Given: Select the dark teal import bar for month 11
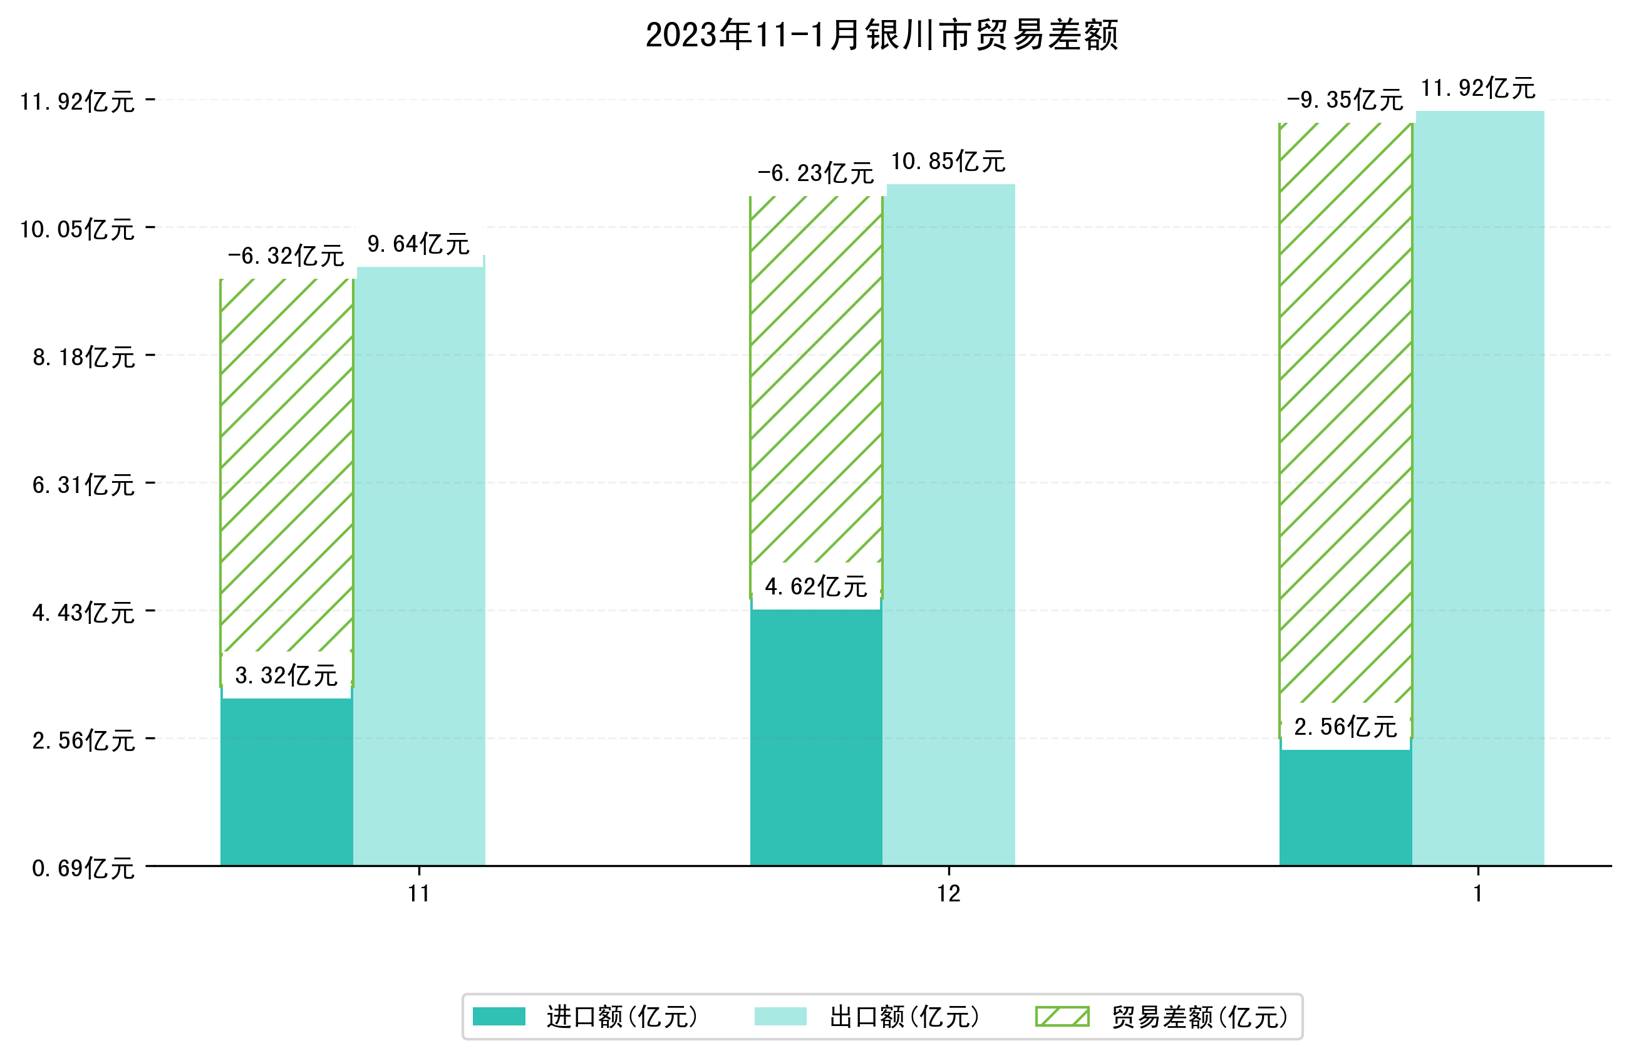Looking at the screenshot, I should [x=286, y=781].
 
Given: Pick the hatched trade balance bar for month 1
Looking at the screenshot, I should [x=1345, y=411].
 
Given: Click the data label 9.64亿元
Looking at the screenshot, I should [x=418, y=244].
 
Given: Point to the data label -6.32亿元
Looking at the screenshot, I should [x=286, y=256].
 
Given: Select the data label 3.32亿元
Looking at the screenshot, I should [x=286, y=675].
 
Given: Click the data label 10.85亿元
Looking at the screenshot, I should [x=948, y=162].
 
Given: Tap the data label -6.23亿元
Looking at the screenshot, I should [x=816, y=174].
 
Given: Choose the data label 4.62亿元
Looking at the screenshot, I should [x=816, y=586].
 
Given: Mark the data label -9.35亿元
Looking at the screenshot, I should [x=1345, y=100].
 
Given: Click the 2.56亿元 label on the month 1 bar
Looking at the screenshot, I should [x=1345, y=727].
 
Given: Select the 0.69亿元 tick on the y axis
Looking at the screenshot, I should [x=83, y=868].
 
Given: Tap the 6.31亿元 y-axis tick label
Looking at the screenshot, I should [x=83, y=485].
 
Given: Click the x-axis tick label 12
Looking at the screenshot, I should [x=949, y=894].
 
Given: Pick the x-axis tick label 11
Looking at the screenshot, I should [x=419, y=894].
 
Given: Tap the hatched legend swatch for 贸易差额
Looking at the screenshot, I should [x=1062, y=1017].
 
